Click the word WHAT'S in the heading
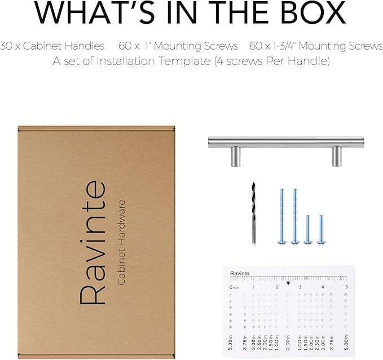click(x=95, y=12)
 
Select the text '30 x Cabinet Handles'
click(x=52, y=46)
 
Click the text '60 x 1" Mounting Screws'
click(x=178, y=46)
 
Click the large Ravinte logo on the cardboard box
click(x=93, y=243)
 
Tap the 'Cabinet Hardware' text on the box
click(x=121, y=243)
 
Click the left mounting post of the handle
click(x=236, y=157)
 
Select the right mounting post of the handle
click(x=337, y=156)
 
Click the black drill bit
click(x=253, y=213)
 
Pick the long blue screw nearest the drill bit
click(x=282, y=216)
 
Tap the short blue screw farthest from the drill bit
click(x=321, y=230)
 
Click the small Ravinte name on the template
click(x=240, y=273)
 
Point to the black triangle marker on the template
click(x=288, y=283)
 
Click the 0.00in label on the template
click(x=288, y=342)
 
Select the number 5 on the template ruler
click(x=346, y=287)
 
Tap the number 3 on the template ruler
click(x=300, y=287)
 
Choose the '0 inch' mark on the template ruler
click(x=234, y=287)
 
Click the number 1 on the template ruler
click(x=253, y=287)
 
